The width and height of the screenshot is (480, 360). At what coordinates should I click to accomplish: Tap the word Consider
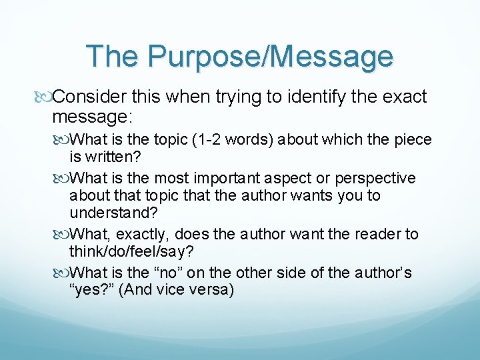85,97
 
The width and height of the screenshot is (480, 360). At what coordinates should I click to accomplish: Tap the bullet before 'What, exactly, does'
63,235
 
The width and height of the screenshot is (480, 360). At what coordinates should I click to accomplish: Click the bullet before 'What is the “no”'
63,273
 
